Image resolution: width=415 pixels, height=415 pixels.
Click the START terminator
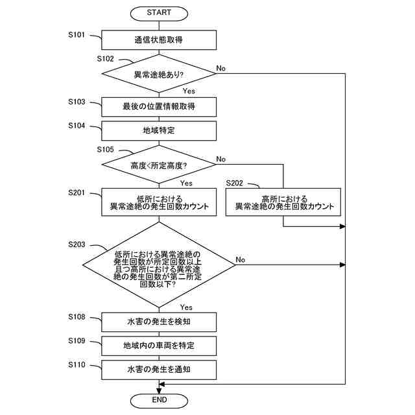(x=159, y=12)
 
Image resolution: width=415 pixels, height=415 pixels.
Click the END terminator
(x=159, y=400)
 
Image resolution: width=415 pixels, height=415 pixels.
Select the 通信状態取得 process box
(x=159, y=40)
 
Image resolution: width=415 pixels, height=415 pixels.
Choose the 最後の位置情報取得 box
(x=159, y=106)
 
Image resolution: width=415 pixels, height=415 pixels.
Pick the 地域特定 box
(x=159, y=130)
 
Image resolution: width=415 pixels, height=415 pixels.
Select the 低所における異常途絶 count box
(x=159, y=202)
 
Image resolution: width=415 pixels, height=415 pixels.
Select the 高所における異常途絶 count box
(x=284, y=202)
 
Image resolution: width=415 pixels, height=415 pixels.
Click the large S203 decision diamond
(x=159, y=266)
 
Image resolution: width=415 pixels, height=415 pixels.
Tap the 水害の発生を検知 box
(x=159, y=322)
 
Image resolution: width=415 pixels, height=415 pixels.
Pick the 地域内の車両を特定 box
(x=159, y=346)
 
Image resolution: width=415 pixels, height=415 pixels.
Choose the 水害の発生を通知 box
(x=159, y=369)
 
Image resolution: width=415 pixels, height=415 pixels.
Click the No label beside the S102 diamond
(x=221, y=68)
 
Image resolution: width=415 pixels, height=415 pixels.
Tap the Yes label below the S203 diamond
(x=187, y=307)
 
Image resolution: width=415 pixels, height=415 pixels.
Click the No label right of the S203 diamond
(x=241, y=259)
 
